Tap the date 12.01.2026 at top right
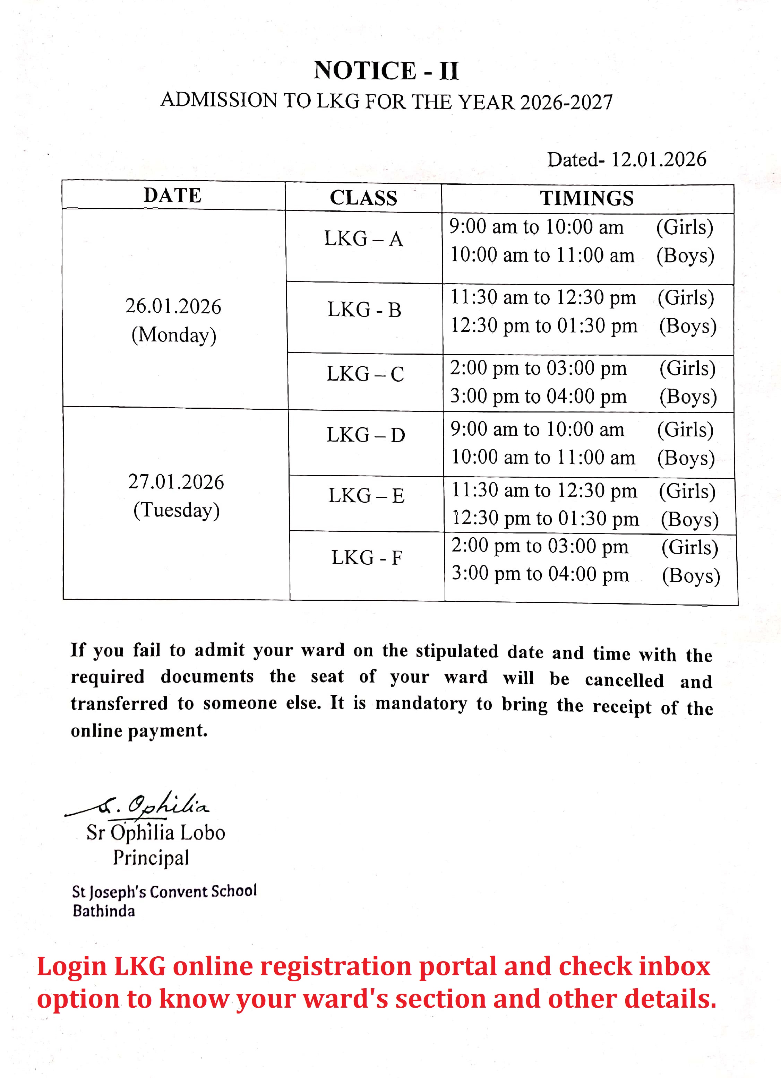coord(658,160)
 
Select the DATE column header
coord(173,195)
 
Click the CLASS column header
coord(363,198)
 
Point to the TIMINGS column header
coord(586,198)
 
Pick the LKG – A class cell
coord(363,238)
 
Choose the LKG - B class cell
coord(364,310)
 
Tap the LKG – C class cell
coord(365,374)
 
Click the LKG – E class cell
coord(366,496)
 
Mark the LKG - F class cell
coord(367,557)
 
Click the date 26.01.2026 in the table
coord(173,306)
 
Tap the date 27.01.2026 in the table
coord(176,482)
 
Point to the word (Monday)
coord(174,335)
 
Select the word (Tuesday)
coord(177,511)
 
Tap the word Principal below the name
coord(151,858)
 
